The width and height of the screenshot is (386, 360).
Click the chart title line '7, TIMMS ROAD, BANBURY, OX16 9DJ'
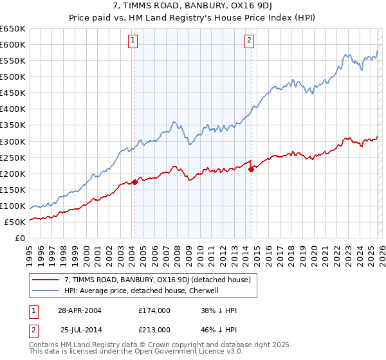192,6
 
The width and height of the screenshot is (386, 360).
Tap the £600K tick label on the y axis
13,44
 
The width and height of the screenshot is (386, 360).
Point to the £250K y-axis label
13,157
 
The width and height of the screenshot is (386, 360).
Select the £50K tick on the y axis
15,222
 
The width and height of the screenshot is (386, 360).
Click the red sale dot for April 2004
134,182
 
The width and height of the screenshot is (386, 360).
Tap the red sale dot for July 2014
251,169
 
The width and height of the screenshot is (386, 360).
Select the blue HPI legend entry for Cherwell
142,291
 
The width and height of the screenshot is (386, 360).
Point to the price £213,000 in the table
154,329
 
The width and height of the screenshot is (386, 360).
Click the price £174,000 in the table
154,310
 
